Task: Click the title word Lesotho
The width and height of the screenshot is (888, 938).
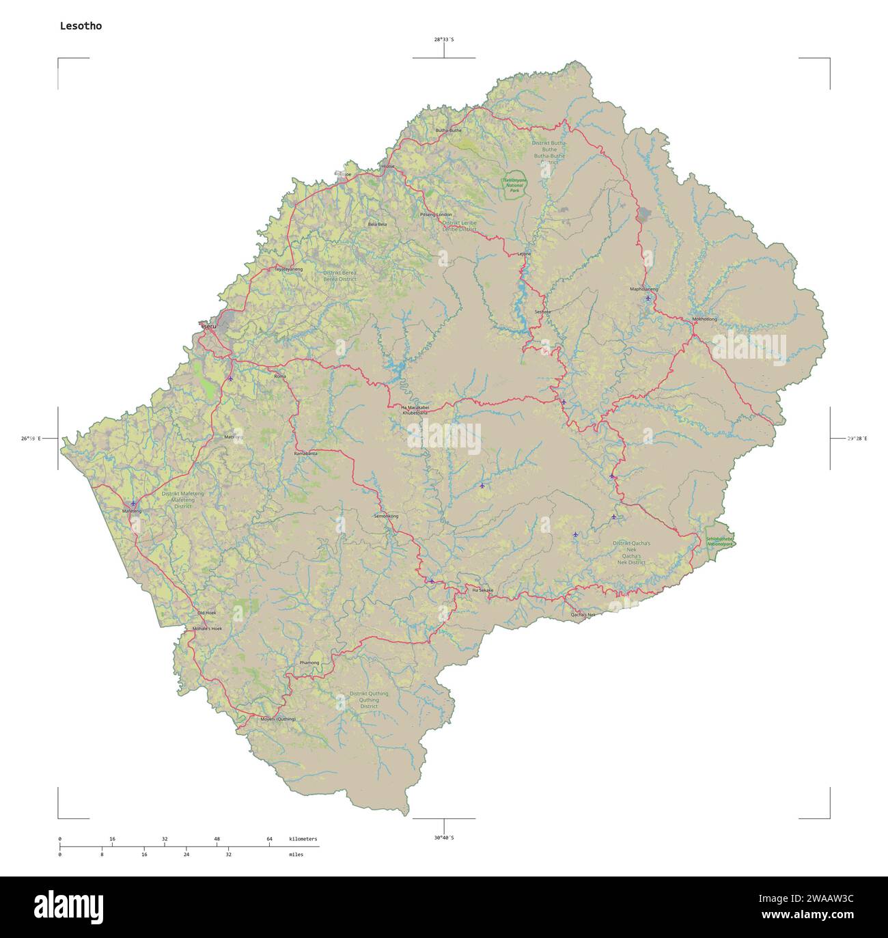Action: click(x=81, y=26)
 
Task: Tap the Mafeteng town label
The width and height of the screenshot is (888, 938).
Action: click(x=131, y=511)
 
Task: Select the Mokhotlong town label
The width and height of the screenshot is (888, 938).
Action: click(x=704, y=319)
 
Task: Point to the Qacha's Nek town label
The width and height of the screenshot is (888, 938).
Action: click(x=583, y=615)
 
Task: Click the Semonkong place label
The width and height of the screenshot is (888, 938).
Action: click(x=386, y=516)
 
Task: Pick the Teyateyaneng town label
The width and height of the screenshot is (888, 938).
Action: click(x=288, y=269)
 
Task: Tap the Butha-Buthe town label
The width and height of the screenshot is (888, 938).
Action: click(x=449, y=130)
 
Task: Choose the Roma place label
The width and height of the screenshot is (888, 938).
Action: click(x=280, y=376)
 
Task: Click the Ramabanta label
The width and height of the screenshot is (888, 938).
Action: click(x=305, y=454)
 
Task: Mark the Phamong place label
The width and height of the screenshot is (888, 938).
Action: click(x=309, y=663)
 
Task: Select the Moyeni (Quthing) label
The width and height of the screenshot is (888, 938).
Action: click(x=278, y=719)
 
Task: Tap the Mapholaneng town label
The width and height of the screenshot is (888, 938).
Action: click(x=643, y=289)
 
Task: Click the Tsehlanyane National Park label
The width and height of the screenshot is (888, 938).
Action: click(x=514, y=185)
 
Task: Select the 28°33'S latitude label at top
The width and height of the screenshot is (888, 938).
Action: click(x=444, y=40)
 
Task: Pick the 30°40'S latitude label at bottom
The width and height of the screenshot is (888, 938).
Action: click(x=444, y=838)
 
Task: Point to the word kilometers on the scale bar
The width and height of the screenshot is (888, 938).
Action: click(x=303, y=838)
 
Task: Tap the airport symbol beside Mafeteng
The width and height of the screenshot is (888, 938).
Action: click(x=133, y=503)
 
